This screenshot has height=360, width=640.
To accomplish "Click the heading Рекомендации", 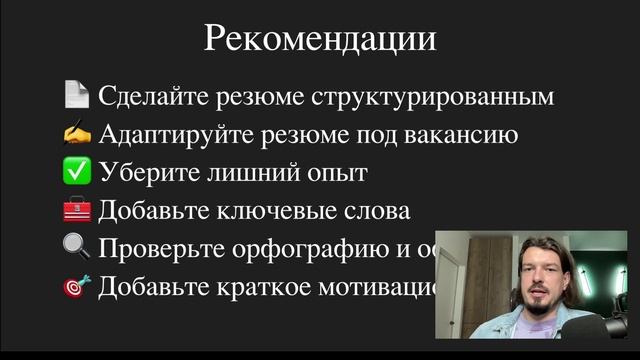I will [320, 39].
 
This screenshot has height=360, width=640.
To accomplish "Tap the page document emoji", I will [76, 96].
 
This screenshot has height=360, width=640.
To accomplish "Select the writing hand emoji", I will [77, 134].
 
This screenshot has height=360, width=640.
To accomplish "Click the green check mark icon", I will [77, 172].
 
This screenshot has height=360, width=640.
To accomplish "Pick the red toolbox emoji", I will [77, 210].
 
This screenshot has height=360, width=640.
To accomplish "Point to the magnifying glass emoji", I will [77, 248].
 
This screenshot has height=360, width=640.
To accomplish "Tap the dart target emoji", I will [77, 286].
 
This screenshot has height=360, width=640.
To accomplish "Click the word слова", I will [377, 211].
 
